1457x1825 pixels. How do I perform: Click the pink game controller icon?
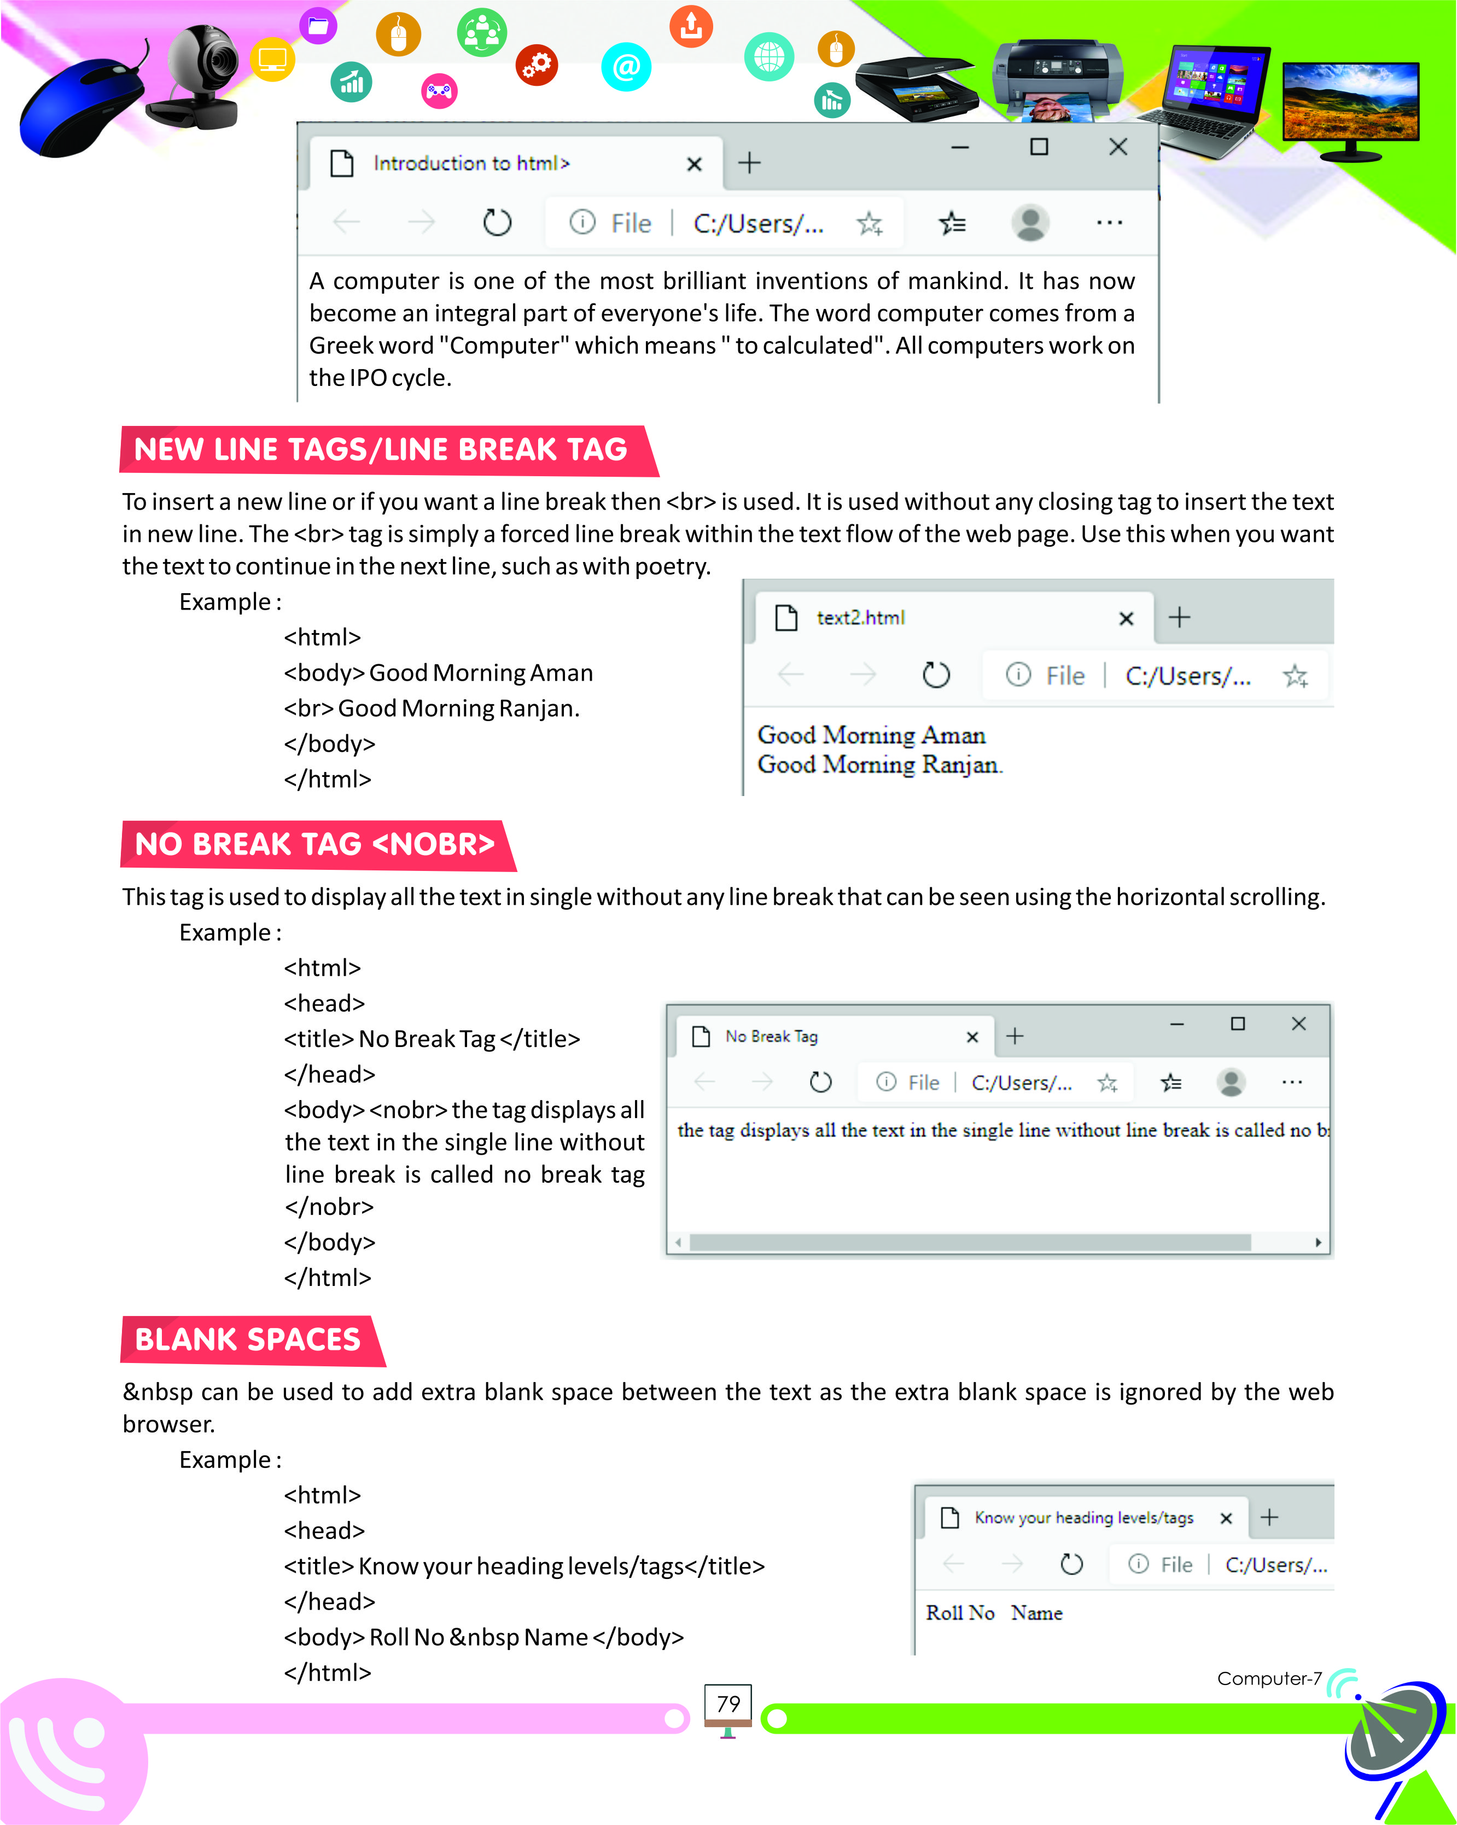coord(439,91)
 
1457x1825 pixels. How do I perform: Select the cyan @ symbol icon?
coord(626,67)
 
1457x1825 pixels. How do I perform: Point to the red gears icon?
coord(537,65)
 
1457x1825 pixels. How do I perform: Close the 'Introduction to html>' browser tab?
coord(693,164)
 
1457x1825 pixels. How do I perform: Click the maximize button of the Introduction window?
coord(1039,147)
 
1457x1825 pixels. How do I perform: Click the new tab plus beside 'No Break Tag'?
coord(1014,1036)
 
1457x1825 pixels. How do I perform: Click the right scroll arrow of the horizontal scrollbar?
coord(1318,1242)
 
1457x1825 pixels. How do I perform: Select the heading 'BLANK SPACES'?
coord(248,1340)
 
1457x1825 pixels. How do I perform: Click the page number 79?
coord(728,1703)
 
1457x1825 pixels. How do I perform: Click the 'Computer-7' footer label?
coord(1268,1678)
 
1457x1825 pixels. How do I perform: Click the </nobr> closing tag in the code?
coord(329,1206)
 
